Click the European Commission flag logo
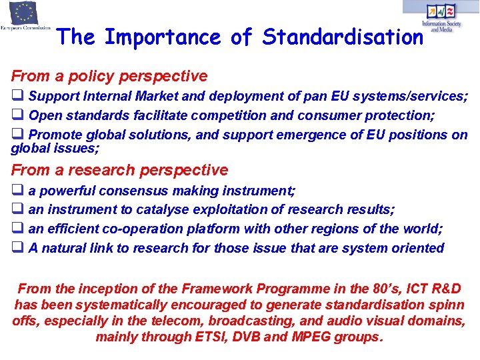click(25, 13)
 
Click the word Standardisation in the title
click(343, 37)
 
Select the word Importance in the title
click(164, 37)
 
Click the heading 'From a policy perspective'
click(109, 77)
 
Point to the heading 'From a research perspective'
click(119, 170)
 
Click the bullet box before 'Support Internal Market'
click(17, 96)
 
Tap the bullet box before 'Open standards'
click(17, 115)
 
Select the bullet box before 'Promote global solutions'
click(17, 134)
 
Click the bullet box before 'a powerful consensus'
click(17, 191)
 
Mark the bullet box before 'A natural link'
click(17, 248)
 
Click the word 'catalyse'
click(161, 210)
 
